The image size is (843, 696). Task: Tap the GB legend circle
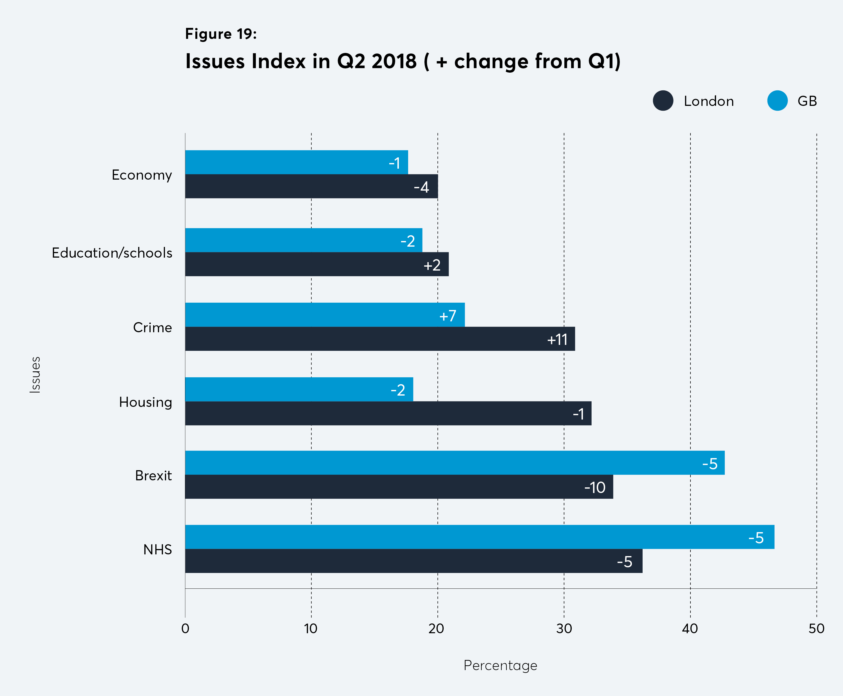pyautogui.click(x=777, y=101)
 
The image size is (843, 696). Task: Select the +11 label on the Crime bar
pyautogui.click(x=557, y=340)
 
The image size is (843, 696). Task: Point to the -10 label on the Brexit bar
pyautogui.click(x=594, y=488)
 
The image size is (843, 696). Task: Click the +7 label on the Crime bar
pyautogui.click(x=448, y=316)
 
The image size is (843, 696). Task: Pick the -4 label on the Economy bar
pyautogui.click(x=421, y=187)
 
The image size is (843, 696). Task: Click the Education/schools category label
pyautogui.click(x=112, y=253)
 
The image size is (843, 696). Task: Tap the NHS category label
pyautogui.click(x=158, y=549)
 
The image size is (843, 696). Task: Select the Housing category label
pyautogui.click(x=146, y=402)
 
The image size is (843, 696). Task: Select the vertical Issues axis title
pyautogui.click(x=35, y=374)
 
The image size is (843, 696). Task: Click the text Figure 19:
pyautogui.click(x=220, y=34)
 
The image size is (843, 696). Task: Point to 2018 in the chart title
pyautogui.click(x=394, y=61)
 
